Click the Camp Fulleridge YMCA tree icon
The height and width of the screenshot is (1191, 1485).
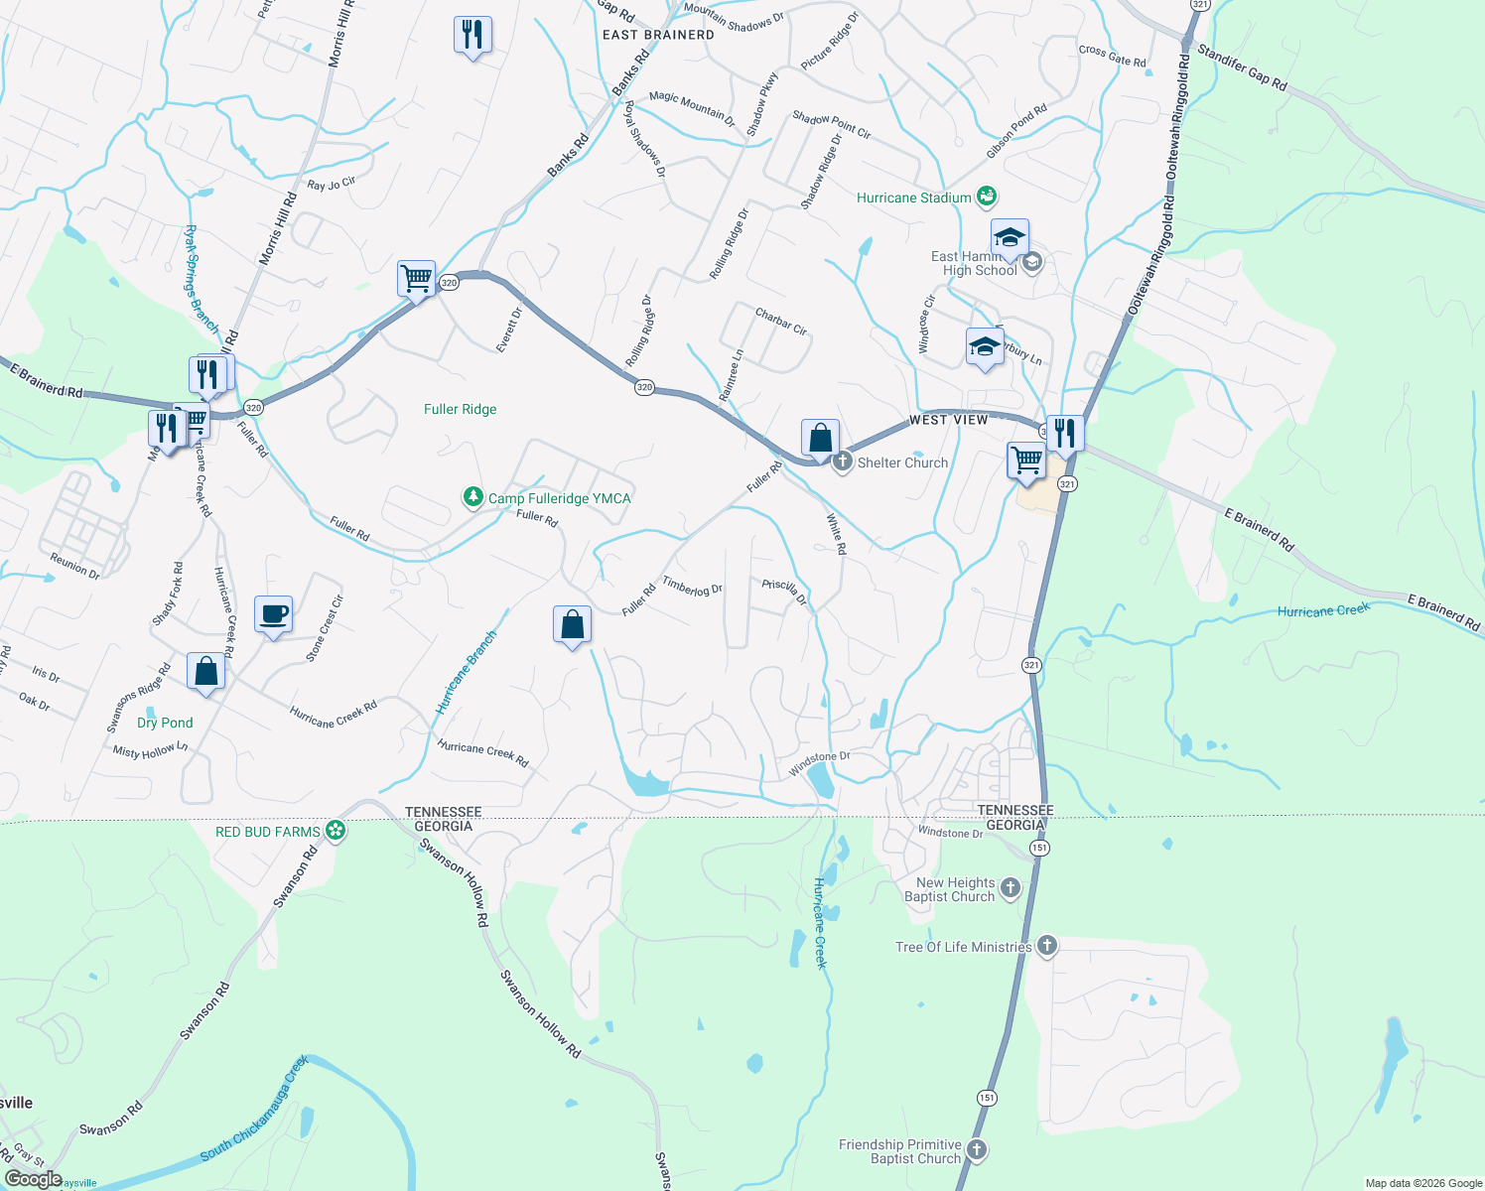tap(473, 497)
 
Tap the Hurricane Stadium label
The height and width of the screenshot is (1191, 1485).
tap(913, 198)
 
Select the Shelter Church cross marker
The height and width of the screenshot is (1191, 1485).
tap(843, 462)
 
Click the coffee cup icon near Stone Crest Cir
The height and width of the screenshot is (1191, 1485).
tap(273, 615)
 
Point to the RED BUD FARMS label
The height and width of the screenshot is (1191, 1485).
tap(268, 832)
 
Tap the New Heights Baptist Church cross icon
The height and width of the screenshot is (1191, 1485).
tap(1011, 887)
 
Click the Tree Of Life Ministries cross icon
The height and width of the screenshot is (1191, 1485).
tap(1046, 946)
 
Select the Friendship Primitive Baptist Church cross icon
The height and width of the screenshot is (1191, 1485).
tap(977, 1150)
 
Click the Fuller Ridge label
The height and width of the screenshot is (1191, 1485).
tap(460, 409)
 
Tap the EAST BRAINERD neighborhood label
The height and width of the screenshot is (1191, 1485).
tap(658, 35)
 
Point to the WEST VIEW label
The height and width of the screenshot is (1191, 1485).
tap(949, 420)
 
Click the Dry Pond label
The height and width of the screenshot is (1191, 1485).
tap(165, 723)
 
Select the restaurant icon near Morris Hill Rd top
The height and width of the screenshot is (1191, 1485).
tap(472, 35)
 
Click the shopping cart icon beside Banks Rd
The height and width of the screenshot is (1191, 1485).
tap(416, 278)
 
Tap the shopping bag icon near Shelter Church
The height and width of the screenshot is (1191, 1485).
tap(820, 438)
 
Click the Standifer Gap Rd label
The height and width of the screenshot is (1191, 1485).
tap(1242, 67)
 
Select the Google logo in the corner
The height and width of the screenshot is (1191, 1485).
tap(33, 1178)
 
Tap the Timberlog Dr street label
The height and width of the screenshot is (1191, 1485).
tap(692, 587)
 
